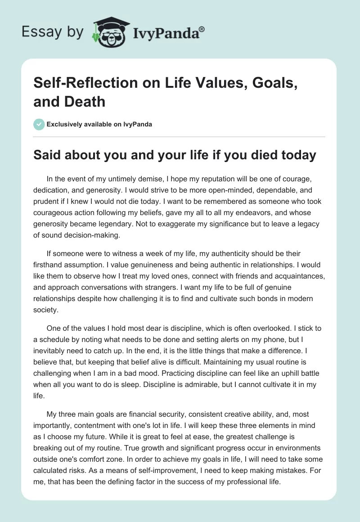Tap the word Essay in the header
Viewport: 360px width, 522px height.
37,32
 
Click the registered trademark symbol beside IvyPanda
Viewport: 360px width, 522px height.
202,29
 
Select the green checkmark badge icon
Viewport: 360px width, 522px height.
39,124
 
